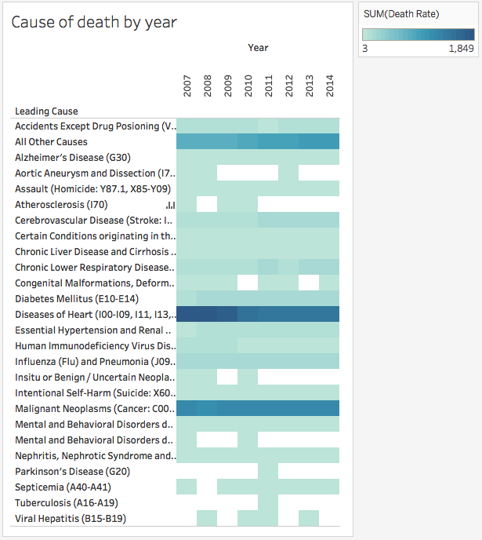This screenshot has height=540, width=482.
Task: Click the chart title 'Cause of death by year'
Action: click(94, 22)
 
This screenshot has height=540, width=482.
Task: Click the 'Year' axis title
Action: click(258, 48)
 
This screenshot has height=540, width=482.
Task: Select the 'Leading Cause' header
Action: click(46, 111)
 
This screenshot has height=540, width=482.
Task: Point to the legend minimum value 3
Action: click(364, 49)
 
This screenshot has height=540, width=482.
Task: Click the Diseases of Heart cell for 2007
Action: click(187, 314)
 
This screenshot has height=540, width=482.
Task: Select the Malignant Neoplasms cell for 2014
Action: click(330, 408)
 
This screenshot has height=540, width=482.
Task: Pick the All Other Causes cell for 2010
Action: click(248, 141)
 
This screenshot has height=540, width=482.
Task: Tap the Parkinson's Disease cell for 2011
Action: click(269, 471)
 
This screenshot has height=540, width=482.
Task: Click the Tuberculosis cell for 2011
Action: click(269, 502)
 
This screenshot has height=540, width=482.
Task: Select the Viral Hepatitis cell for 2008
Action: click(208, 518)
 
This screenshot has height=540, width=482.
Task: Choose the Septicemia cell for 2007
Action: click(187, 487)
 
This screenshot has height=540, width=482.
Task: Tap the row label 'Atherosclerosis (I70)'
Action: click(57, 204)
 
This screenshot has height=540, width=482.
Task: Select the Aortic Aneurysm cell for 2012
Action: click(289, 173)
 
